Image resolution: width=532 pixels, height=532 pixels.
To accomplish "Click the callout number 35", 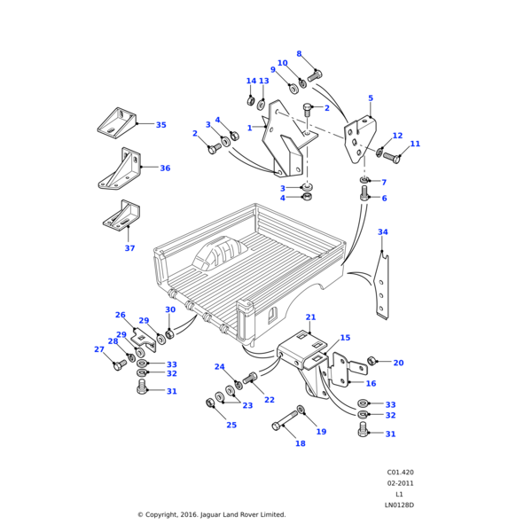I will pyautogui.click(x=160, y=125).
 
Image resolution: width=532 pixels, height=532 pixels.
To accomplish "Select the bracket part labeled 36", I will pyautogui.click(x=121, y=168).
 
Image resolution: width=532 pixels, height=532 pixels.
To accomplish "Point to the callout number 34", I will pyautogui.click(x=382, y=232).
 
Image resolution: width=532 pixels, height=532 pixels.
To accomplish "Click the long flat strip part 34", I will pyautogui.click(x=382, y=288).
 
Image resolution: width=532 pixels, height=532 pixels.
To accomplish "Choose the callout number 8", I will pyautogui.click(x=299, y=54).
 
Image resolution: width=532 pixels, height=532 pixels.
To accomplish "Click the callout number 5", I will pyautogui.click(x=370, y=98).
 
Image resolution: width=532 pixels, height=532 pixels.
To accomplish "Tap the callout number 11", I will pyautogui.click(x=415, y=144).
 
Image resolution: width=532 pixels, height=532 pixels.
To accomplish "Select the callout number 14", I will pyautogui.click(x=251, y=82).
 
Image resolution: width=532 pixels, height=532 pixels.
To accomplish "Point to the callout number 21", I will pyautogui.click(x=310, y=317).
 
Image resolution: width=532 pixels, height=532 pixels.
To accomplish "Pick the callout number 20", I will pyautogui.click(x=398, y=363).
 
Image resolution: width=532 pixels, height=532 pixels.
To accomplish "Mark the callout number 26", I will pyautogui.click(x=121, y=315).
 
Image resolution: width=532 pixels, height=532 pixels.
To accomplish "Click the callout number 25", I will pyautogui.click(x=231, y=425).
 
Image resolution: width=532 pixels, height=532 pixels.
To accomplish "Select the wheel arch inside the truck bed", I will pyautogui.click(x=217, y=256).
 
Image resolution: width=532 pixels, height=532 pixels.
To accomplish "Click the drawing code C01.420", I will pyautogui.click(x=400, y=473).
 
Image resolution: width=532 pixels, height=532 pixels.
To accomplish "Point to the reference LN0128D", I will pyautogui.click(x=399, y=505).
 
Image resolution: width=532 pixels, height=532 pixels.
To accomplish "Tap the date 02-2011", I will pyautogui.click(x=400, y=483).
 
